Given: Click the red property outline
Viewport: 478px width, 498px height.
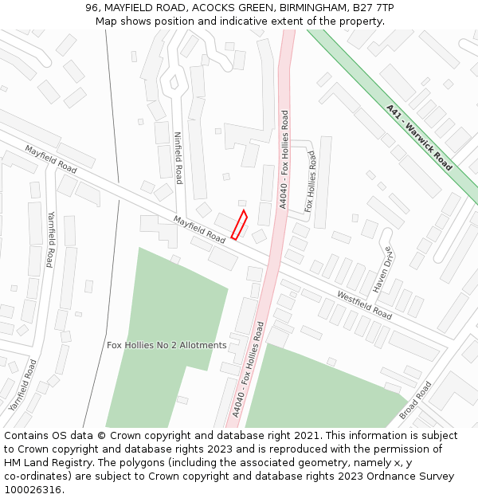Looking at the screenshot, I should (x=239, y=225).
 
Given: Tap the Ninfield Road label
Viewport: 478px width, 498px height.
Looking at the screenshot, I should (x=178, y=158).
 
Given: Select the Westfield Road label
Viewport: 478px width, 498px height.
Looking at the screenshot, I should (x=363, y=304).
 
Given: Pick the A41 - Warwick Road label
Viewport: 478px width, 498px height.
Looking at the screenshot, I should (x=419, y=138).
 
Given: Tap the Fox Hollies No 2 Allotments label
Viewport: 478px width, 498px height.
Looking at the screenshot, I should (x=167, y=345).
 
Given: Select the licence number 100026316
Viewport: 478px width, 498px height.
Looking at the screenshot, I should (x=33, y=490).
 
